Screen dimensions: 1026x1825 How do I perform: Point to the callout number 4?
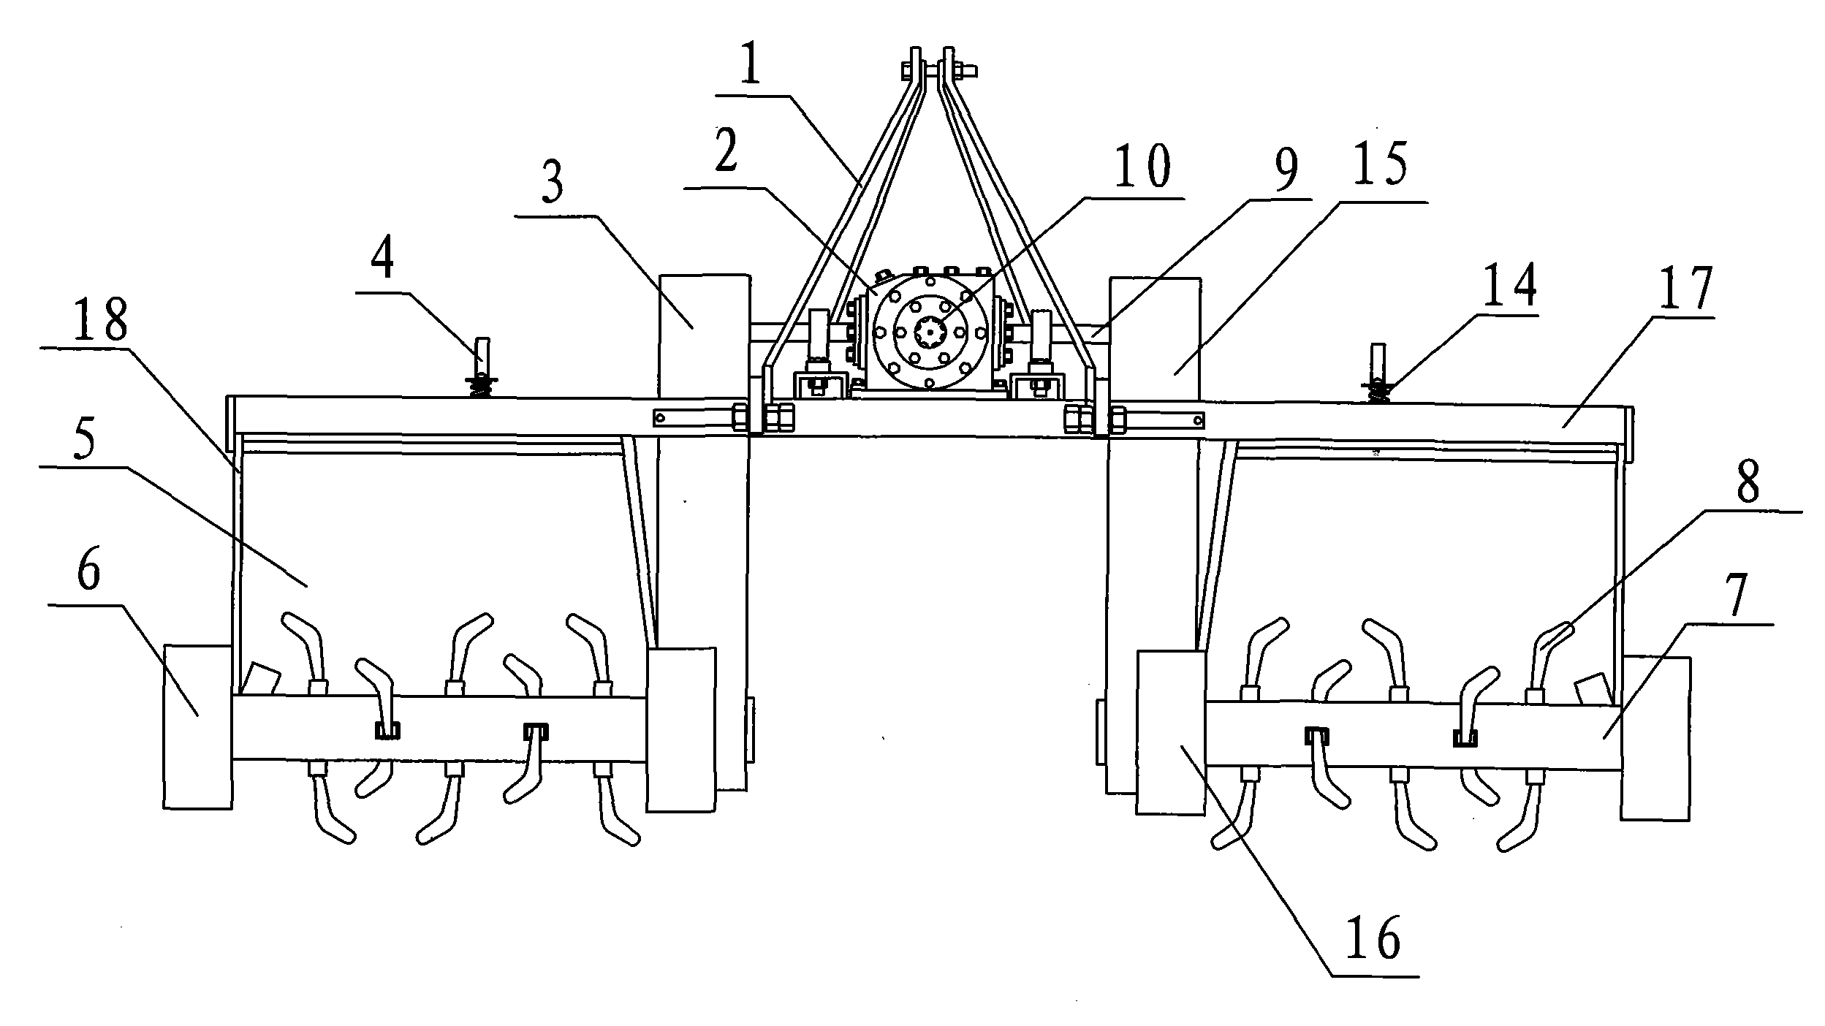pos(383,261)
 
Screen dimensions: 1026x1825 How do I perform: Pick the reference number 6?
pos(88,572)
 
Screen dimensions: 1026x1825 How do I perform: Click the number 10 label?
pos(1145,167)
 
